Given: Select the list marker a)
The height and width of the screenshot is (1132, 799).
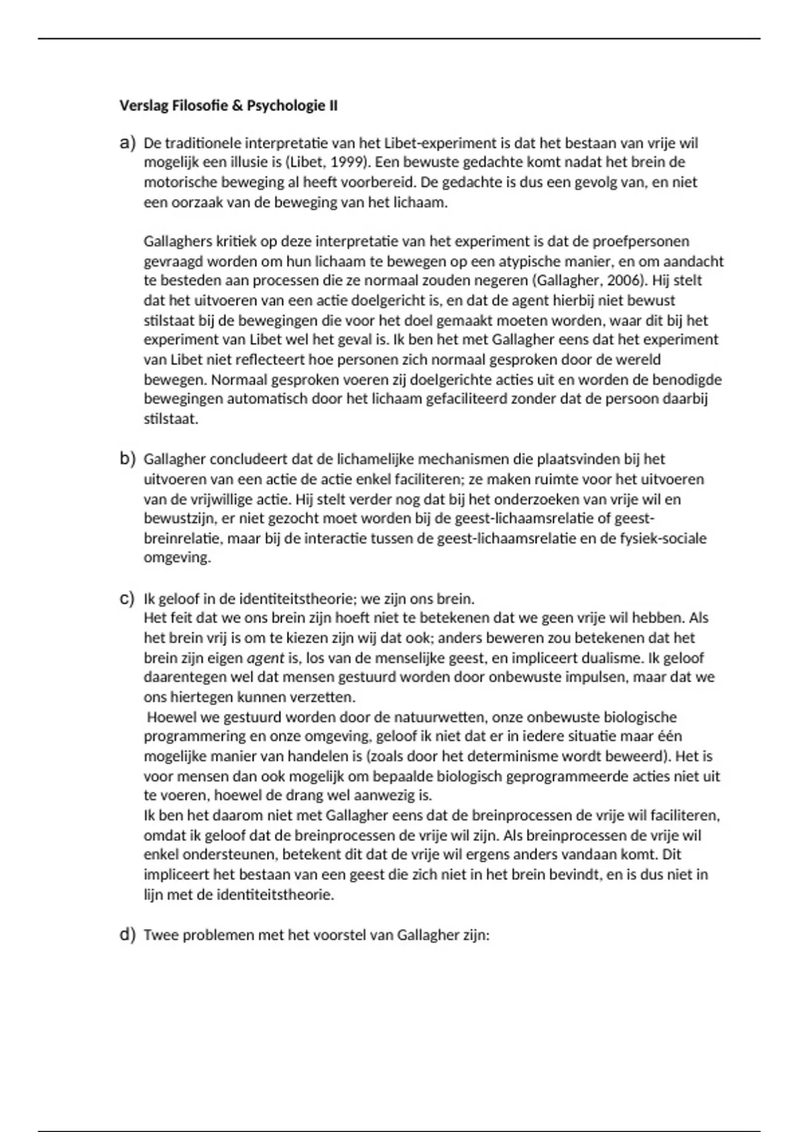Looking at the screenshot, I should (127, 142).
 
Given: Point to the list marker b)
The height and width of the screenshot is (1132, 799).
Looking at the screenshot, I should (127, 459).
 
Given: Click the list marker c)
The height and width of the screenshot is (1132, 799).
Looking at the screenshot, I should (127, 598).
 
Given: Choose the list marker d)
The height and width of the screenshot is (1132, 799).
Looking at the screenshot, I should (127, 934).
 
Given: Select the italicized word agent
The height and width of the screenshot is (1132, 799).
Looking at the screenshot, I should (265, 658).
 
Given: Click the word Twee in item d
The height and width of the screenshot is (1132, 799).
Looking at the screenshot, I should (160, 935).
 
